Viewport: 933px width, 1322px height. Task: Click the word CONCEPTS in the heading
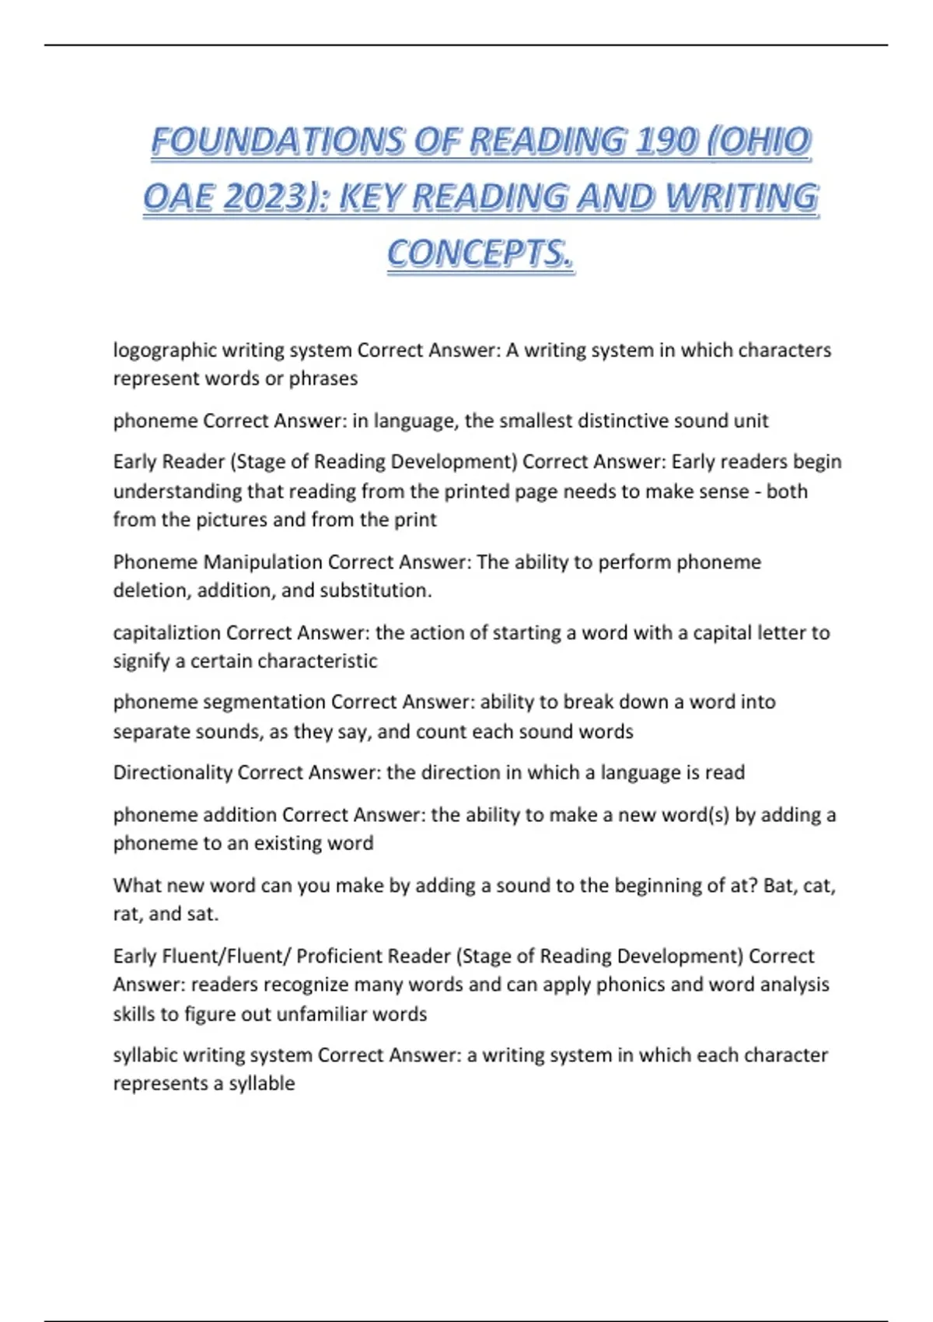coord(480,254)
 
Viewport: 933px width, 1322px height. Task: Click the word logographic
coord(165,351)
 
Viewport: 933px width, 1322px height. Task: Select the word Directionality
coord(173,773)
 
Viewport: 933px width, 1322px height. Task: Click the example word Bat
coord(778,886)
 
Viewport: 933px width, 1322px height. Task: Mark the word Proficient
coord(339,957)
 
